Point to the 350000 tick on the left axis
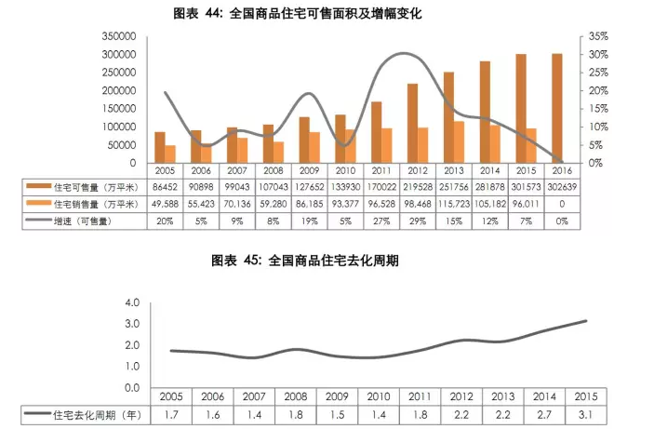tap(119, 35)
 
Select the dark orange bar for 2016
tap(557, 108)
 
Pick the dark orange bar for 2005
tap(160, 147)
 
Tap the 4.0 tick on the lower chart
tap(130, 303)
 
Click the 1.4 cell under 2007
tap(253, 412)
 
